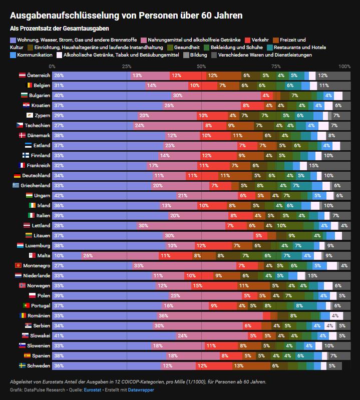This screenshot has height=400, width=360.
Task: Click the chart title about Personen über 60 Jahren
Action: point(126,16)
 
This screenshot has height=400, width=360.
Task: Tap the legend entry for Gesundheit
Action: point(189,47)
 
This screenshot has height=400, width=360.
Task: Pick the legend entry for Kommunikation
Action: point(35,55)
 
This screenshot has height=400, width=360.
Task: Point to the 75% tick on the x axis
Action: point(276,66)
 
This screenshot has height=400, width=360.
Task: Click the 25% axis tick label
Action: point(126,66)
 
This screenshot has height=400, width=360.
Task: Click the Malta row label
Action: point(44,255)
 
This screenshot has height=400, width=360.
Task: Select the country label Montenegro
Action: point(37,265)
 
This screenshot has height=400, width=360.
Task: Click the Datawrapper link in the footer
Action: point(141,389)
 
